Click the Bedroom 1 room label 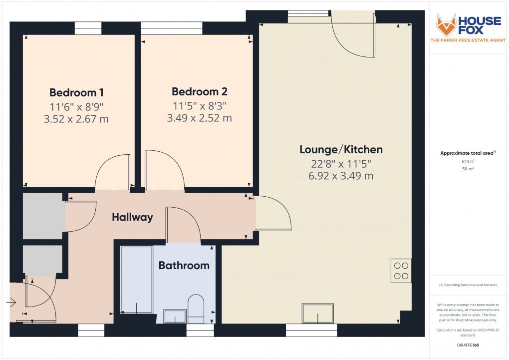(77, 92)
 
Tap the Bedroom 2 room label (199, 92)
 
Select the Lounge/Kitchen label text (341, 149)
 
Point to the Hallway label (132, 217)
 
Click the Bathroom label (184, 266)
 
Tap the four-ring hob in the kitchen (401, 271)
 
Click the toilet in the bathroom (196, 309)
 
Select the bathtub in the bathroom (136, 280)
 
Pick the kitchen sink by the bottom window (318, 313)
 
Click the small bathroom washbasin (175, 316)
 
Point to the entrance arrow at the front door (11, 303)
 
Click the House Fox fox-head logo (446, 24)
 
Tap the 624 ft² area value (468, 161)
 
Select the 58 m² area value (468, 169)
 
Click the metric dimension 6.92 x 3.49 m (341, 176)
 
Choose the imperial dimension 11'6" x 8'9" (77, 106)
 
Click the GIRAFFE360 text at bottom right (468, 345)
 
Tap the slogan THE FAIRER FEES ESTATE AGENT (468, 40)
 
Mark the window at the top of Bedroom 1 (88, 28)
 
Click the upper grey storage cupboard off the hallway (42, 216)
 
